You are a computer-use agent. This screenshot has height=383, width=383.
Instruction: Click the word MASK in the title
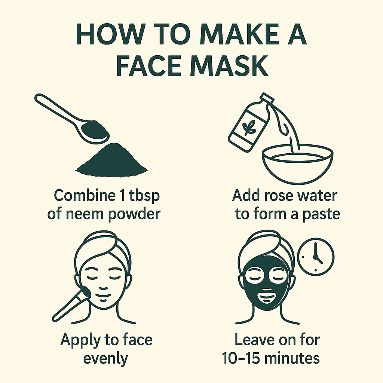tap(230, 65)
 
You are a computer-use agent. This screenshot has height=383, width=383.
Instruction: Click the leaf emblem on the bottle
tap(248, 127)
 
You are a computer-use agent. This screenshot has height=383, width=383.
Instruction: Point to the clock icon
tap(316, 257)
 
